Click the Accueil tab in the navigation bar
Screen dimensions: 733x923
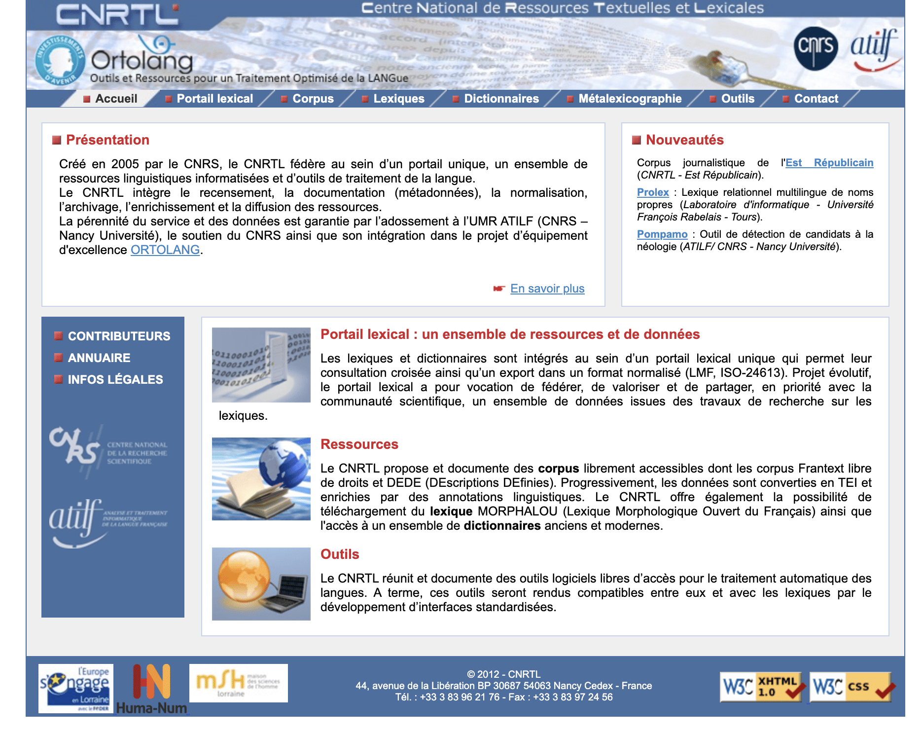(x=116, y=99)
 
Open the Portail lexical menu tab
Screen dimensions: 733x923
(x=214, y=99)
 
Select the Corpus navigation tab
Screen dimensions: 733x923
(x=313, y=99)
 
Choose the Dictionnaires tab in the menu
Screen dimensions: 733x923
(x=501, y=99)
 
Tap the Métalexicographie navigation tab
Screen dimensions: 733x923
(x=630, y=99)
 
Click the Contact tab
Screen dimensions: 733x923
(x=816, y=99)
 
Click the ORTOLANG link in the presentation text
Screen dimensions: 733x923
(x=165, y=250)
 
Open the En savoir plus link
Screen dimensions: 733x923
(x=547, y=289)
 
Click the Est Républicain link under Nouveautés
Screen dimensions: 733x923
(x=829, y=163)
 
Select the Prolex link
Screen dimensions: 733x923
(x=653, y=192)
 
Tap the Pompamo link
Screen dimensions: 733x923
(x=662, y=234)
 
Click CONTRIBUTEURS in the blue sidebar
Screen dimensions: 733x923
(x=119, y=336)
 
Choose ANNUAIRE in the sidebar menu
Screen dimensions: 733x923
(x=99, y=358)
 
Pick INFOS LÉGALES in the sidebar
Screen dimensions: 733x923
(x=115, y=379)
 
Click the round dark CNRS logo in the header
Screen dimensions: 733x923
(x=816, y=48)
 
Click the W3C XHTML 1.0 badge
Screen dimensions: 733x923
(x=761, y=686)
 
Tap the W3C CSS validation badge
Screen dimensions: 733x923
(x=852, y=686)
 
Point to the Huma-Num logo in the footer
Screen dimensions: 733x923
(x=152, y=689)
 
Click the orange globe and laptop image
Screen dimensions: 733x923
(x=261, y=584)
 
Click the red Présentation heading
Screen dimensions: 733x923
(x=107, y=140)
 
